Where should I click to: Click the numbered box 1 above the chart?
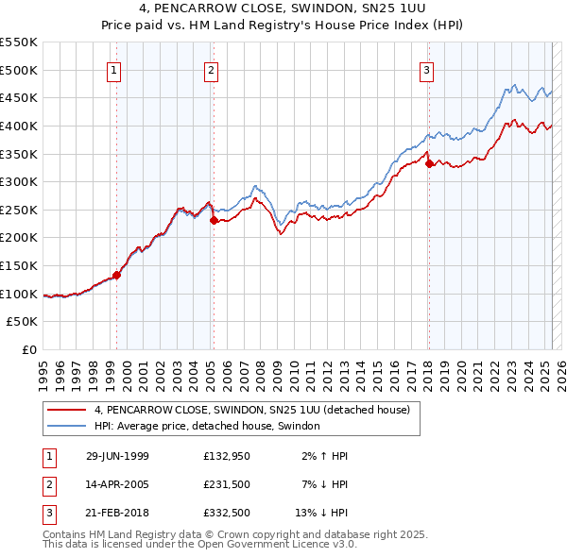click(113, 69)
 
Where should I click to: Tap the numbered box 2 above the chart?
click(211, 69)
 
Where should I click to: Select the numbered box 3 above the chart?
click(426, 69)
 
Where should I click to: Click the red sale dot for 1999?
click(117, 276)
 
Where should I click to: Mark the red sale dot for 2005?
click(214, 220)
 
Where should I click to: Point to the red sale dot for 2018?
click(429, 163)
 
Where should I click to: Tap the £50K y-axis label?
click(23, 322)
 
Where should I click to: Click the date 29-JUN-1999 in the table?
click(117, 456)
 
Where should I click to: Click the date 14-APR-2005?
click(117, 484)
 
